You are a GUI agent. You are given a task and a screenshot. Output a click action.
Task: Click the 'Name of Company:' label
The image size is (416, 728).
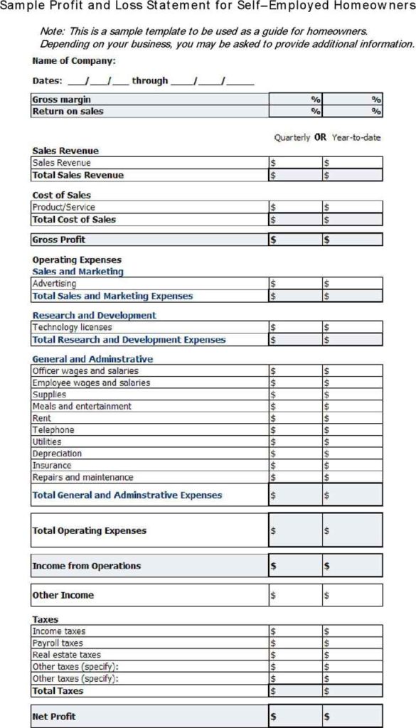coord(74,61)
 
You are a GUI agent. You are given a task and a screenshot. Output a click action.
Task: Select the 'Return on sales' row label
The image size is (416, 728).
coord(68,111)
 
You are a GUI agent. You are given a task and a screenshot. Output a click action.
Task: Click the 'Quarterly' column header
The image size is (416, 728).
coord(292,137)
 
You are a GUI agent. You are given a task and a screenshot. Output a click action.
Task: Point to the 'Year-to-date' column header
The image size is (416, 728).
coord(356,137)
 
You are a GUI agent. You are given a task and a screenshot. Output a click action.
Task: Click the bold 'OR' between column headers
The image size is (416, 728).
coord(320,137)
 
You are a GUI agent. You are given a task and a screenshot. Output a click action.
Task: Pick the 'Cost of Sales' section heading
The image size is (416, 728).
coord(61,195)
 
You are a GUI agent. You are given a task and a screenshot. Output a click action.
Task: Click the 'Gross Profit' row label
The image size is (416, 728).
coord(59,240)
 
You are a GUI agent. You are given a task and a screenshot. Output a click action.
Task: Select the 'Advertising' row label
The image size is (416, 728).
coord(54,284)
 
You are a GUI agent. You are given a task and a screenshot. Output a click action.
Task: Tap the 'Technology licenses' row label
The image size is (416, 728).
coord(72,328)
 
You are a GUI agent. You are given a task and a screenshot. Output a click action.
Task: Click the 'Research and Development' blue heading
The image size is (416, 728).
coord(94,315)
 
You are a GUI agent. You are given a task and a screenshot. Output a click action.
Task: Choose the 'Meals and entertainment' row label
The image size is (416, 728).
coord(82,407)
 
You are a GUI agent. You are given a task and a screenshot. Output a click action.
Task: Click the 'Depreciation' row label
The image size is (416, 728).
coord(57,454)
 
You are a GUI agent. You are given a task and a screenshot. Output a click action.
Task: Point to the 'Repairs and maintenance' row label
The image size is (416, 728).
coord(82,478)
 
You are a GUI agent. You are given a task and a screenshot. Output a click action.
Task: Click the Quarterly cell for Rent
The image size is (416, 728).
coord(295,419)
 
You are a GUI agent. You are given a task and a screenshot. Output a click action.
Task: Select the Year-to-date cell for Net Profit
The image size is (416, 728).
coord(353,716)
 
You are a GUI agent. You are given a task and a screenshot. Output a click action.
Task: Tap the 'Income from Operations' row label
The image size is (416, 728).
coord(86,566)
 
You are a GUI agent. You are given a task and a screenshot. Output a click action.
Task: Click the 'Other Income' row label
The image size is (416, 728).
coord(63,595)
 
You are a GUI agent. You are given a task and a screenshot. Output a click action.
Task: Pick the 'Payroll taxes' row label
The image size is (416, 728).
coord(58,643)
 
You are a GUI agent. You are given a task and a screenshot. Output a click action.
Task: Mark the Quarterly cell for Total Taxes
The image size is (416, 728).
coord(295,691)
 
